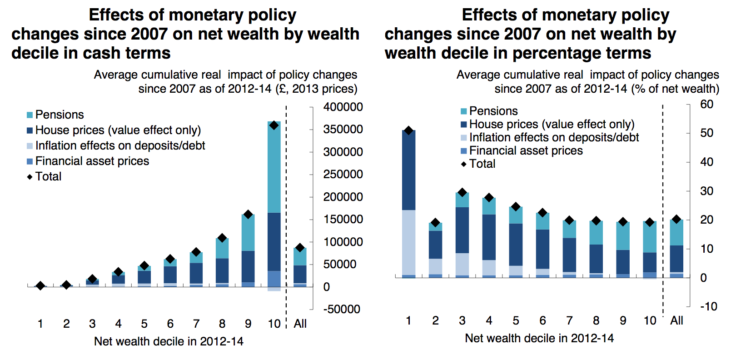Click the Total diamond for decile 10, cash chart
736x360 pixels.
274,125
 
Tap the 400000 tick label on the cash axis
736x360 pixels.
343,107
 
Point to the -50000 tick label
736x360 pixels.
342,309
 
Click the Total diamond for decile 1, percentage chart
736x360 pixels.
408,130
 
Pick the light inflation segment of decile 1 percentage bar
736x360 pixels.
408,242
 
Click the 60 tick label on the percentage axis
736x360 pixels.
706,104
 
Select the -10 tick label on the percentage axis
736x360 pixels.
708,306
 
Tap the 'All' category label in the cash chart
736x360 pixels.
300,324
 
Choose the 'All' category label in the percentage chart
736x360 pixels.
676,320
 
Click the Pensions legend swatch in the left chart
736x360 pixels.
30,115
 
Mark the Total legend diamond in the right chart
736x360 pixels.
463,164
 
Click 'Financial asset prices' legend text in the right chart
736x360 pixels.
526,150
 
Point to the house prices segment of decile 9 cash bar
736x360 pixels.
248,266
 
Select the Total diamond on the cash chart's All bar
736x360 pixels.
300,248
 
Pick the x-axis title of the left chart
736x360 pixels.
169,341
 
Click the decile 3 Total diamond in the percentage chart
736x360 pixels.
462,192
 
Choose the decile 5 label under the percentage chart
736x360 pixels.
516,320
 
